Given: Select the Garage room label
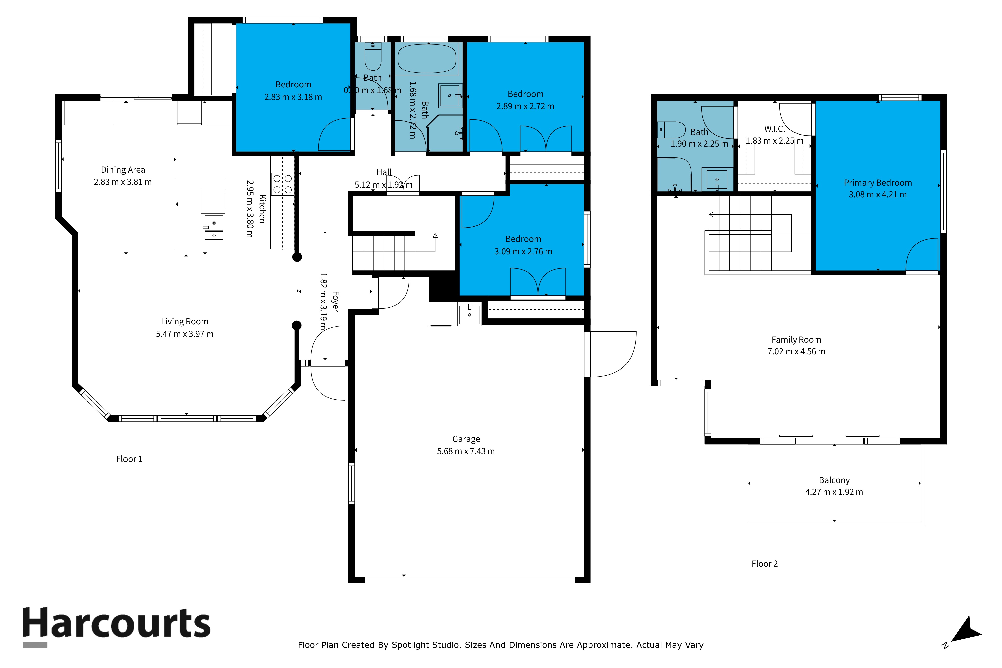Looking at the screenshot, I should pyautogui.click(x=466, y=439).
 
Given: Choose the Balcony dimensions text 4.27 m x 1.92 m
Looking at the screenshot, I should pyautogui.click(x=834, y=492).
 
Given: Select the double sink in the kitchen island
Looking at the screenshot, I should pyautogui.click(x=214, y=229).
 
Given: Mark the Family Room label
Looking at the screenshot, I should pyautogui.click(x=796, y=340).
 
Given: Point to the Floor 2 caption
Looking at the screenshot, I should pyautogui.click(x=764, y=564).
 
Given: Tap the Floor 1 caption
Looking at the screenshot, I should pyautogui.click(x=129, y=459).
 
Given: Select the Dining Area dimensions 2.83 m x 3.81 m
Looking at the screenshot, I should pyautogui.click(x=123, y=182).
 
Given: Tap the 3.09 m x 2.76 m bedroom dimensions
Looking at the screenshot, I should pyautogui.click(x=523, y=252).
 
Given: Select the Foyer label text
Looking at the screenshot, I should pyautogui.click(x=335, y=301).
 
